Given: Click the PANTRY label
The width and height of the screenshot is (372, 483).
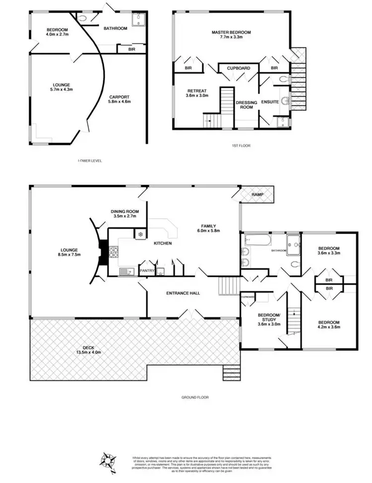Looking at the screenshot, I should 147,270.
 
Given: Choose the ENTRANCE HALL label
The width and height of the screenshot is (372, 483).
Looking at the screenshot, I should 182,293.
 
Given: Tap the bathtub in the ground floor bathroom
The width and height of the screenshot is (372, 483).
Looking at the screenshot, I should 256,241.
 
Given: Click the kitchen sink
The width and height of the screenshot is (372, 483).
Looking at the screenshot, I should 125,271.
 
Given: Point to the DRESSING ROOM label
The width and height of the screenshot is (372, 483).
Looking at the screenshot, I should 247,105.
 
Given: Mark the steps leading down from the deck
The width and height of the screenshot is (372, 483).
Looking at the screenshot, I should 231,371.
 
